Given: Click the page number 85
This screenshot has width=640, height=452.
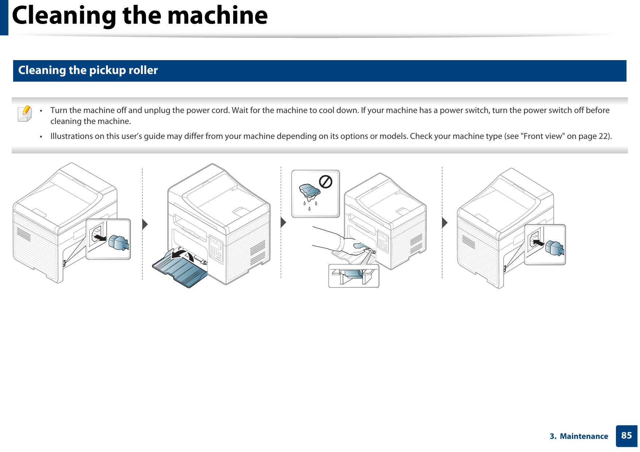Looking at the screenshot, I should pyautogui.click(x=626, y=436).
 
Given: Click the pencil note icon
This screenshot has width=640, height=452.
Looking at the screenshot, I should pyautogui.click(x=24, y=113).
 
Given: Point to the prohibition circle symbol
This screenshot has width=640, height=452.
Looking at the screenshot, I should pyautogui.click(x=326, y=182).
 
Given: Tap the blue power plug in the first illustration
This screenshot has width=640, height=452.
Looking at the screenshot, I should pyautogui.click(x=119, y=242).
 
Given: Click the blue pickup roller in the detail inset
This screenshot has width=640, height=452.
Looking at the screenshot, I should pyautogui.click(x=353, y=274).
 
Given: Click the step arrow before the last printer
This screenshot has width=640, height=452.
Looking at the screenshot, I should pyautogui.click(x=445, y=222).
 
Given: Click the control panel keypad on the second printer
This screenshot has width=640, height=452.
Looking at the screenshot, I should pyautogui.click(x=216, y=250).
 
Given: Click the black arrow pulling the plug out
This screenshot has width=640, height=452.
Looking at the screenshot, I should pyautogui.click(x=99, y=238).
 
